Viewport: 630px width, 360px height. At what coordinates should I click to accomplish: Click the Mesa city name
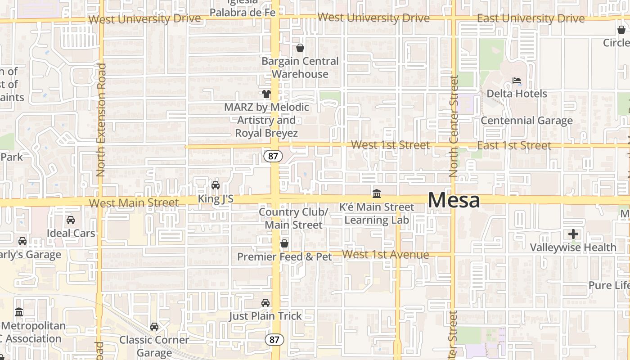tap(454, 200)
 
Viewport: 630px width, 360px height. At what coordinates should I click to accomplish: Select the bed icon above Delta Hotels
tap(517, 81)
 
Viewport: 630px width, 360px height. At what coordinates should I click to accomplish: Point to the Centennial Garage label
tap(526, 121)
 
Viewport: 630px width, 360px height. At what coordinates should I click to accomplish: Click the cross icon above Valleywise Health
tap(573, 234)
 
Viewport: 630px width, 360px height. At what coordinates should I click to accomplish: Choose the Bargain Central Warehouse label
tap(300, 67)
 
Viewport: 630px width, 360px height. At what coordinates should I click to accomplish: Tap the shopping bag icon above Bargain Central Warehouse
tap(300, 48)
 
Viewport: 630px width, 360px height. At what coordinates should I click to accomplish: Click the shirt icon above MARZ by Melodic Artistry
tap(266, 94)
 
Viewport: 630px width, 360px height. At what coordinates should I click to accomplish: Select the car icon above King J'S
tap(216, 185)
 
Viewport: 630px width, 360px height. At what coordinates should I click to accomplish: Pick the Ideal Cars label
tap(71, 233)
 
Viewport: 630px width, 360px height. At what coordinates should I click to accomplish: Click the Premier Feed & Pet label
tap(284, 257)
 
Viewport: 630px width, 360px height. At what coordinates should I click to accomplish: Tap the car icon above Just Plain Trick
tap(265, 303)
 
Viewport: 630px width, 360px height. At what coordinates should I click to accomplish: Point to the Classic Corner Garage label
tap(154, 346)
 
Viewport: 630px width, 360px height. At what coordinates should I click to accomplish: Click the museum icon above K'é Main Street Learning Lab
tap(377, 194)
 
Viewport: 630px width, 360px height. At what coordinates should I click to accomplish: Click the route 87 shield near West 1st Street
tap(273, 156)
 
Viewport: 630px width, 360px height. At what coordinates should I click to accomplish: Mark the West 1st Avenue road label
tap(386, 255)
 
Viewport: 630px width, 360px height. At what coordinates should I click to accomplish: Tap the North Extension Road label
tap(101, 119)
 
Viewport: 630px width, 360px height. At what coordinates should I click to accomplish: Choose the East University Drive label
tap(531, 19)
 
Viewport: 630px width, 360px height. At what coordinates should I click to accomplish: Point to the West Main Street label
tap(134, 203)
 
